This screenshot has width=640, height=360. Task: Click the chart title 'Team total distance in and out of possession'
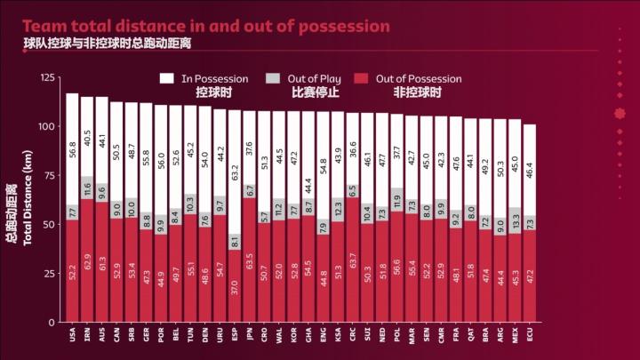pyautogui.click(x=207, y=27)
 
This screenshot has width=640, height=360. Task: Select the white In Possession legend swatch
pyautogui.click(x=166, y=78)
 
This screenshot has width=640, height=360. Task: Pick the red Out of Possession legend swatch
pyautogui.click(x=361, y=78)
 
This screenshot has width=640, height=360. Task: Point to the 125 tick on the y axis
pyautogui.click(x=47, y=78)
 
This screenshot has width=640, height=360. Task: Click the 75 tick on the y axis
pyautogui.click(x=50, y=176)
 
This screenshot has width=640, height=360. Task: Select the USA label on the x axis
pyautogui.click(x=72, y=336)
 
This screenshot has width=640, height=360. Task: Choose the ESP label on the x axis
pyautogui.click(x=234, y=336)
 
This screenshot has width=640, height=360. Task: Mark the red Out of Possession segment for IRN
pyautogui.click(x=87, y=260)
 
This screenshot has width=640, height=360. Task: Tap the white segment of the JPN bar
pyautogui.click(x=249, y=148)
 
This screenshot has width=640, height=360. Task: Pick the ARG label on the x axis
pyautogui.click(x=500, y=336)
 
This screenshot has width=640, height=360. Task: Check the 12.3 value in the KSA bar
pyautogui.click(x=338, y=209)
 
